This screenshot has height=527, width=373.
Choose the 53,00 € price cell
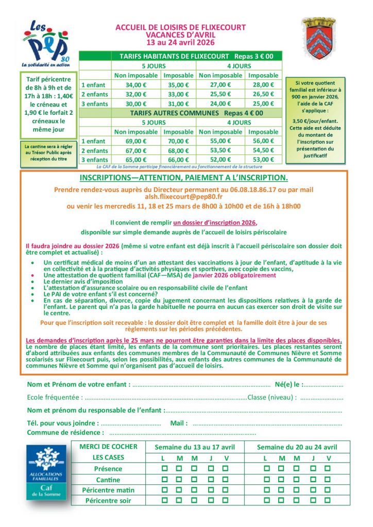[263, 160]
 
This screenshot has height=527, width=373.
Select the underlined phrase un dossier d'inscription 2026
[214, 222]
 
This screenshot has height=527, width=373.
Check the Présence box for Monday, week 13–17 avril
[164, 469]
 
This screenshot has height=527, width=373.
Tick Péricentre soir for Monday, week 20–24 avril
[265, 500]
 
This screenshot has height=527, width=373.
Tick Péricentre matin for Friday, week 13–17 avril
[225, 490]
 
